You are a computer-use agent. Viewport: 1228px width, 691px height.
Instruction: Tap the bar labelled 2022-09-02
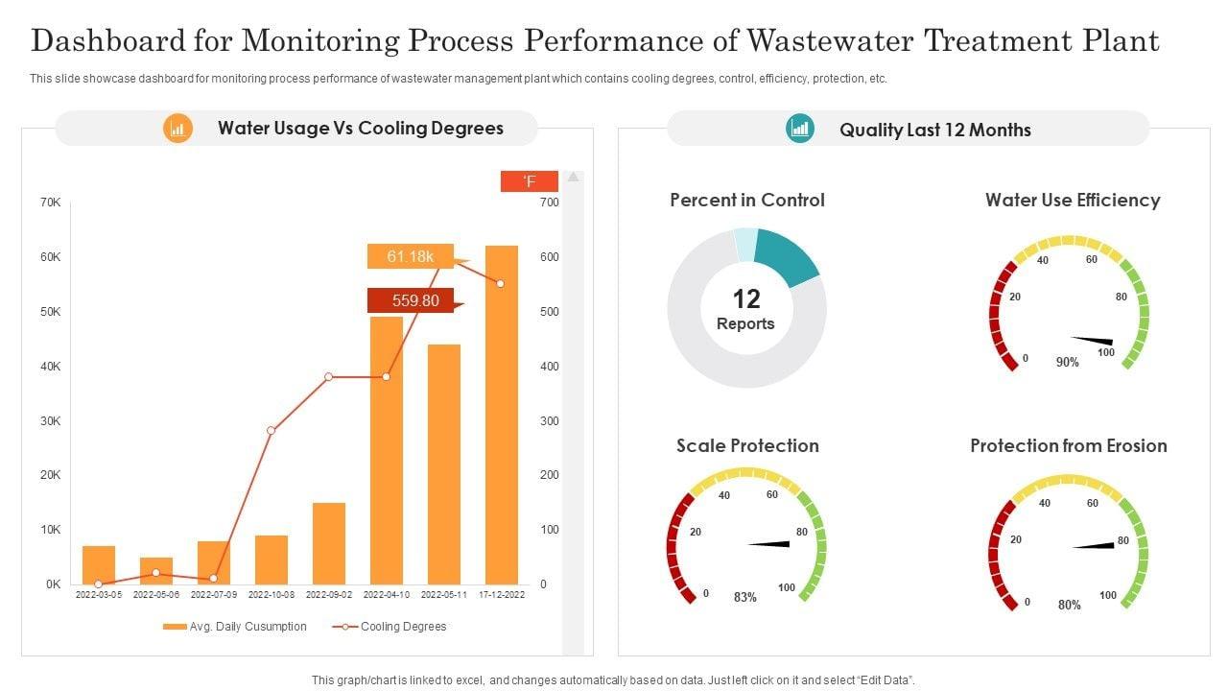coord(329,543)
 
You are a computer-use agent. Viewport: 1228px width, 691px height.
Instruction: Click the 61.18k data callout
coord(411,256)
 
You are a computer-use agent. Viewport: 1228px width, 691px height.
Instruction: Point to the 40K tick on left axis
coord(51,367)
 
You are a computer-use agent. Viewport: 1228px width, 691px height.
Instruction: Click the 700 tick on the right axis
coord(549,203)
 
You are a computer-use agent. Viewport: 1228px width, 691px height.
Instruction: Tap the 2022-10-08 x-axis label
coord(272,595)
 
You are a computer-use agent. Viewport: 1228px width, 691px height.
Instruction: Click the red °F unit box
coord(529,181)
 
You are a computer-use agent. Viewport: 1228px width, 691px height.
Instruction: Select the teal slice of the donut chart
coord(789,255)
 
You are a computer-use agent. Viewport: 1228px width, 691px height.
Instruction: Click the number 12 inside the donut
coord(746,298)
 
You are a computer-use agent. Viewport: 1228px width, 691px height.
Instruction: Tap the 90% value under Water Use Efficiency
coord(1067,362)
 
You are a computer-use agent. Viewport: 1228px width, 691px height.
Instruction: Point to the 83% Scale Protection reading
coord(745,597)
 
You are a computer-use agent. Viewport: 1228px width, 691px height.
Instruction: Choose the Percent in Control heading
coord(746,200)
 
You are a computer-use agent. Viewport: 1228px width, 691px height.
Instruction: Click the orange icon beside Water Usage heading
coord(177,128)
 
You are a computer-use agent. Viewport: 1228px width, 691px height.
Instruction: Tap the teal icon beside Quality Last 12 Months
coord(799,128)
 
